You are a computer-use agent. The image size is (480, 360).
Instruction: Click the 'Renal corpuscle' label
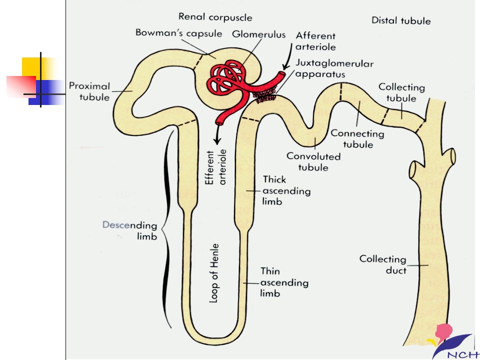[x=215, y=17]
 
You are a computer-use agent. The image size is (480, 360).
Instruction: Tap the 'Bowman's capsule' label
[x=179, y=33]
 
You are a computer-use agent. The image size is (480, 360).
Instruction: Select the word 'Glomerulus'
[x=258, y=34]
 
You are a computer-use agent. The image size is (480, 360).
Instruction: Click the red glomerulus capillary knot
[x=227, y=76]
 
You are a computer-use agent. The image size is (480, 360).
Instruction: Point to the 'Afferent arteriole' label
[x=315, y=41]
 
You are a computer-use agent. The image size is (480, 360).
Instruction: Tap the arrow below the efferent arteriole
[x=217, y=134]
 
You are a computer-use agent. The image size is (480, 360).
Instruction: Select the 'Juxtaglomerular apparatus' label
[x=334, y=68]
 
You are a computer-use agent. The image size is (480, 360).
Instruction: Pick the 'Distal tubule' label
[x=401, y=20]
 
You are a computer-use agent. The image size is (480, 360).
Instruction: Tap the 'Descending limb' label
[x=130, y=230]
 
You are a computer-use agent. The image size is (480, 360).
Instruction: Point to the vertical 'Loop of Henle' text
[x=214, y=273]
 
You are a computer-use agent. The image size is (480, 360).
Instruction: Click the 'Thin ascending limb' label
[x=284, y=282]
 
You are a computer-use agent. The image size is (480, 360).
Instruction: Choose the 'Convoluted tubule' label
[x=313, y=161]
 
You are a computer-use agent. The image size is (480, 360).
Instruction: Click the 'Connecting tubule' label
[x=357, y=139]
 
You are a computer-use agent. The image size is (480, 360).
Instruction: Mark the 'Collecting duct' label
[x=383, y=264]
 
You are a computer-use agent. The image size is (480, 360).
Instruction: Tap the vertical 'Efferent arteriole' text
[x=215, y=167]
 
